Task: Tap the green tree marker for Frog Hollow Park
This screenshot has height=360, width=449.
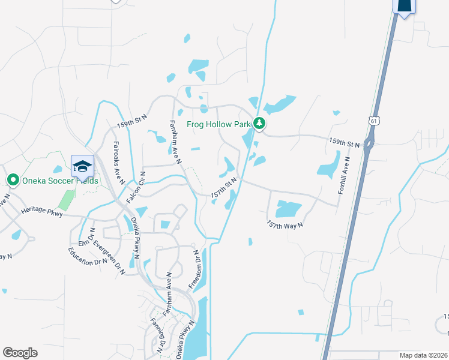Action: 259,124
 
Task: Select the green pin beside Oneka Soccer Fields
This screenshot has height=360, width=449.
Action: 12,179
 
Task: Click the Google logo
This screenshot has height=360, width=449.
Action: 20,353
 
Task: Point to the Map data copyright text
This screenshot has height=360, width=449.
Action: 423,355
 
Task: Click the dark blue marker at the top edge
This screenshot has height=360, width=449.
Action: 405,6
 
